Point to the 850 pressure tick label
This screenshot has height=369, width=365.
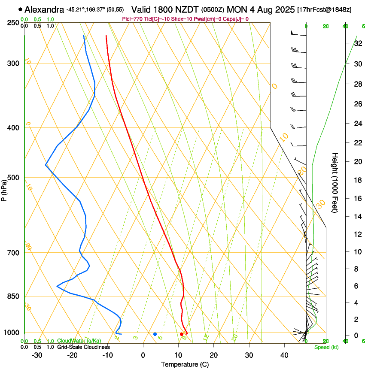(13, 296)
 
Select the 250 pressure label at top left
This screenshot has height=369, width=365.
(13, 22)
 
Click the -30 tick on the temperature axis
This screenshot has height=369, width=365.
(37, 355)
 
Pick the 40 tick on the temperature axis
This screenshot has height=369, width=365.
(284, 355)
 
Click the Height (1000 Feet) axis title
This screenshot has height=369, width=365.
(335, 183)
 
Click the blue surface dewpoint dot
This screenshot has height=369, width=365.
(155, 334)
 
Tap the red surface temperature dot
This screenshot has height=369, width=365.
(182, 334)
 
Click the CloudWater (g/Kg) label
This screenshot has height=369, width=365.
(79, 341)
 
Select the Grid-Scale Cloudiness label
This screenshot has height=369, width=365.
(83, 347)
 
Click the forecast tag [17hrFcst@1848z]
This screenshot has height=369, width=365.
(324, 9)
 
